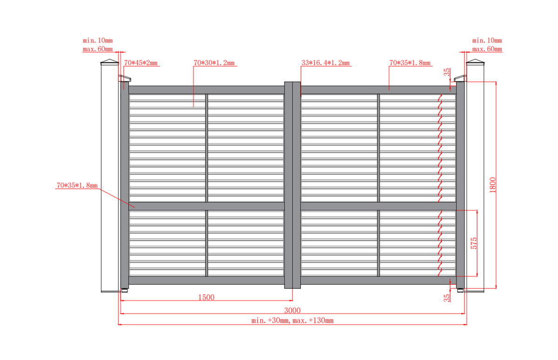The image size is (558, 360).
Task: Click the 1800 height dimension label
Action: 492,185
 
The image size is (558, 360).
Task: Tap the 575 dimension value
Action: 473,243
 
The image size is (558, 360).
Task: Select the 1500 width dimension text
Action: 206,297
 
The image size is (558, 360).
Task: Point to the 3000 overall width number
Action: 292,310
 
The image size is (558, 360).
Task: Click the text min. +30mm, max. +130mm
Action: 292,320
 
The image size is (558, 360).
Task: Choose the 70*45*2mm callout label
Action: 141,63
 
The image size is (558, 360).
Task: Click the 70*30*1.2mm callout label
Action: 214,63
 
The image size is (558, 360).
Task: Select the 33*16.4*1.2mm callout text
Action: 325,63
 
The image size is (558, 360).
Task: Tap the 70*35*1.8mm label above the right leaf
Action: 410,63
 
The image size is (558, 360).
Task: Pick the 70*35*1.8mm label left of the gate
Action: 77,186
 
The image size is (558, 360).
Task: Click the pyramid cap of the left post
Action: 110,61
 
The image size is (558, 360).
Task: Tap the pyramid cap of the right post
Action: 475,61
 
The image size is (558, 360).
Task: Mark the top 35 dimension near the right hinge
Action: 447,72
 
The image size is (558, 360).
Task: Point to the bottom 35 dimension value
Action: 447,298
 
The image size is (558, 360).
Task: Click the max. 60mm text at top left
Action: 98,49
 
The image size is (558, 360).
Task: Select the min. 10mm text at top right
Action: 487,40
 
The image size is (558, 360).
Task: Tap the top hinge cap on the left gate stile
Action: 125,78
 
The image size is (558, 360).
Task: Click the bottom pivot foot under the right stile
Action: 460,291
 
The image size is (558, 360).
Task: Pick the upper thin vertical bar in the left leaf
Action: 206,148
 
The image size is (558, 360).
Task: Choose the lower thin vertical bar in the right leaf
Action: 379,243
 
